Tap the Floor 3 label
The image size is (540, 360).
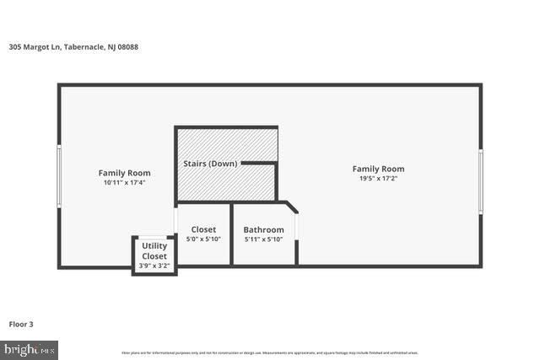(21, 324)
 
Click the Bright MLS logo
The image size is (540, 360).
(30, 349)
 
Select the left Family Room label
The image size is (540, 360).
(124, 173)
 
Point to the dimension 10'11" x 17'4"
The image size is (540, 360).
(124, 183)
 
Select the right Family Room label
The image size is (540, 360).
(378, 169)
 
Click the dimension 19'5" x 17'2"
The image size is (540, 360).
(378, 179)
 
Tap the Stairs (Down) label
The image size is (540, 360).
(210, 163)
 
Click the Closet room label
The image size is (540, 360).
(203, 229)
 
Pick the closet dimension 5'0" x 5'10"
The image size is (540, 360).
(203, 239)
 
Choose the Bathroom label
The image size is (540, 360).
(263, 229)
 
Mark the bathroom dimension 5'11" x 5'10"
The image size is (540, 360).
(263, 239)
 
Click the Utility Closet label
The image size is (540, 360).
(154, 250)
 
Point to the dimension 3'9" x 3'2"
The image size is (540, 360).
(154, 266)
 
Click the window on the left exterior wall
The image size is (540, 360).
(59, 175)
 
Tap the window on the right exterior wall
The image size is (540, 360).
(480, 180)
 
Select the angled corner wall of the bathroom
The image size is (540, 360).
(290, 207)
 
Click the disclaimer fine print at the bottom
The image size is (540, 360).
(270, 352)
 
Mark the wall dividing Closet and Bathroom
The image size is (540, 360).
(232, 234)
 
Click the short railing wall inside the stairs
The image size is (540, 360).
(259, 163)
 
